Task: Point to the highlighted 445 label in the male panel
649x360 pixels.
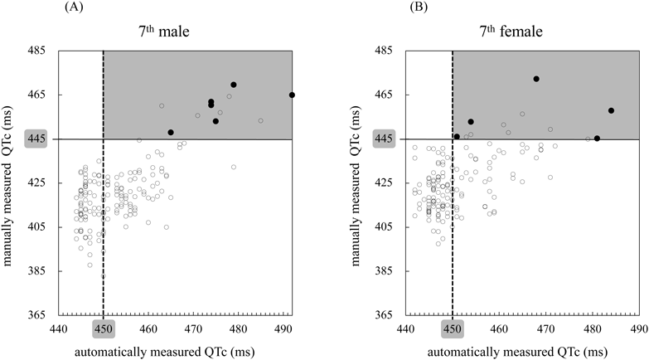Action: tap(39, 139)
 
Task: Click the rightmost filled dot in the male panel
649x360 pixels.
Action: tap(292, 95)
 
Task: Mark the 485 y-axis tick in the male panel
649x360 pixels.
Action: tap(39, 51)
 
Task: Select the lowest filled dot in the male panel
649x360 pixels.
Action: tap(171, 132)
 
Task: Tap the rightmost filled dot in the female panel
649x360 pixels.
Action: tap(611, 110)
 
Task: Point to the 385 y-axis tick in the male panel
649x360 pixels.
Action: tap(39, 271)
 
